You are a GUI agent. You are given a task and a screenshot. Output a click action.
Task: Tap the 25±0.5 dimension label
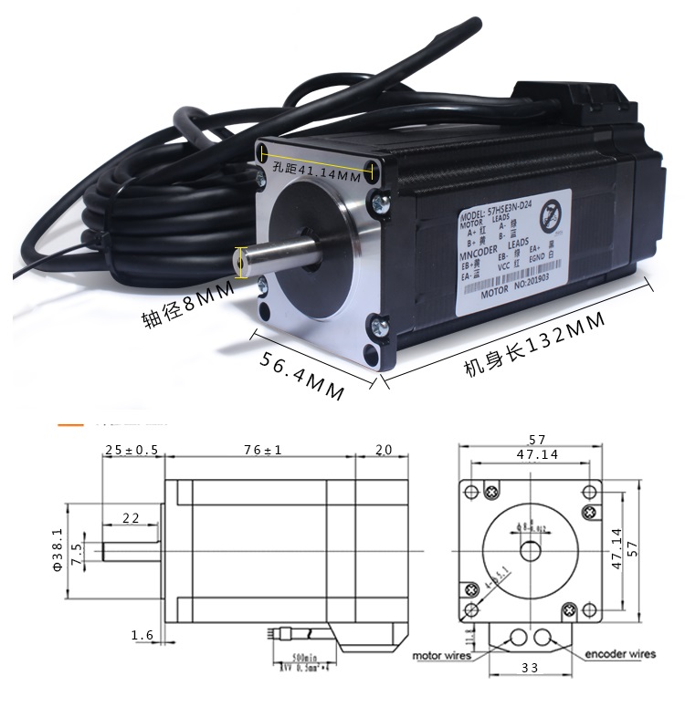point(132,450)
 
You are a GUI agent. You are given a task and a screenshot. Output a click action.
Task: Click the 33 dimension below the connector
point(530,667)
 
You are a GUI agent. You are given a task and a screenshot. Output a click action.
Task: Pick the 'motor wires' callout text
point(441,655)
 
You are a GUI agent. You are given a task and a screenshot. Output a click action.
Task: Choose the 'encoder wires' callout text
point(620,654)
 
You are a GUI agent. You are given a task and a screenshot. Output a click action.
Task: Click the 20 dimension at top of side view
point(382,450)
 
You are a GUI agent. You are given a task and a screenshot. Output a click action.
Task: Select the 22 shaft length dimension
point(131,517)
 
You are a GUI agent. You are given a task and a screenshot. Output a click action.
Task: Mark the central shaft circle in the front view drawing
point(531,551)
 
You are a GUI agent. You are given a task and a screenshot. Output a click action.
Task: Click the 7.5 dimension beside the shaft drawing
point(77,553)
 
